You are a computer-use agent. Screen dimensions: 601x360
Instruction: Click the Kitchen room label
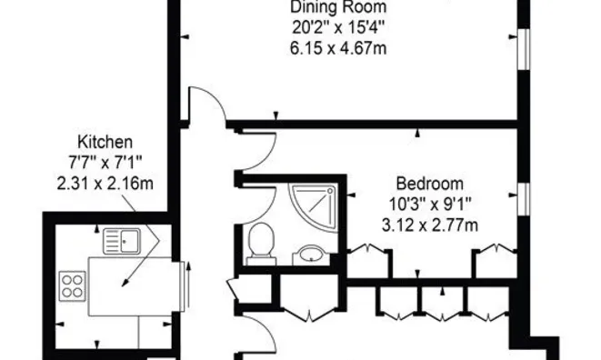point(105,142)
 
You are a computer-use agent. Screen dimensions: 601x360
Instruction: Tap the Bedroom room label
point(430,184)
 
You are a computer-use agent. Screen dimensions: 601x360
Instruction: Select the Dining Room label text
point(338,7)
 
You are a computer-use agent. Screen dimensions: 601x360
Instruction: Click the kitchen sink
point(122,240)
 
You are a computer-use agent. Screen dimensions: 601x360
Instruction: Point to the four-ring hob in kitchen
point(73,285)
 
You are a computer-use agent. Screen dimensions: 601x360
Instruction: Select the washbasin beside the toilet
point(311,255)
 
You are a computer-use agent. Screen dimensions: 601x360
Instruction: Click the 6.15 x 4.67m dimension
point(338,49)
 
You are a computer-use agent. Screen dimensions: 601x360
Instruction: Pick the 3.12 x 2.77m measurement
point(430,225)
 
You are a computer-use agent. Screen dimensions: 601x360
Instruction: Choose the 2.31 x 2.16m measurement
point(105,184)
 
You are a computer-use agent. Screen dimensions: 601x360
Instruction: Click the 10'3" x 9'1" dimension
point(430,205)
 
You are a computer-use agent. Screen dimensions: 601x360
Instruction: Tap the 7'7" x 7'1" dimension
point(105,163)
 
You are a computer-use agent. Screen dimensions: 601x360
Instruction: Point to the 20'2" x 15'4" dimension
point(338,28)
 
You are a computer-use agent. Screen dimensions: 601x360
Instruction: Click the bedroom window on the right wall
point(524,198)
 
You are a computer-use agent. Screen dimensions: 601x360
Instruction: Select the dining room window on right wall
point(524,49)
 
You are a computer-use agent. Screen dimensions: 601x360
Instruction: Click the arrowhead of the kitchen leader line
point(125,284)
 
